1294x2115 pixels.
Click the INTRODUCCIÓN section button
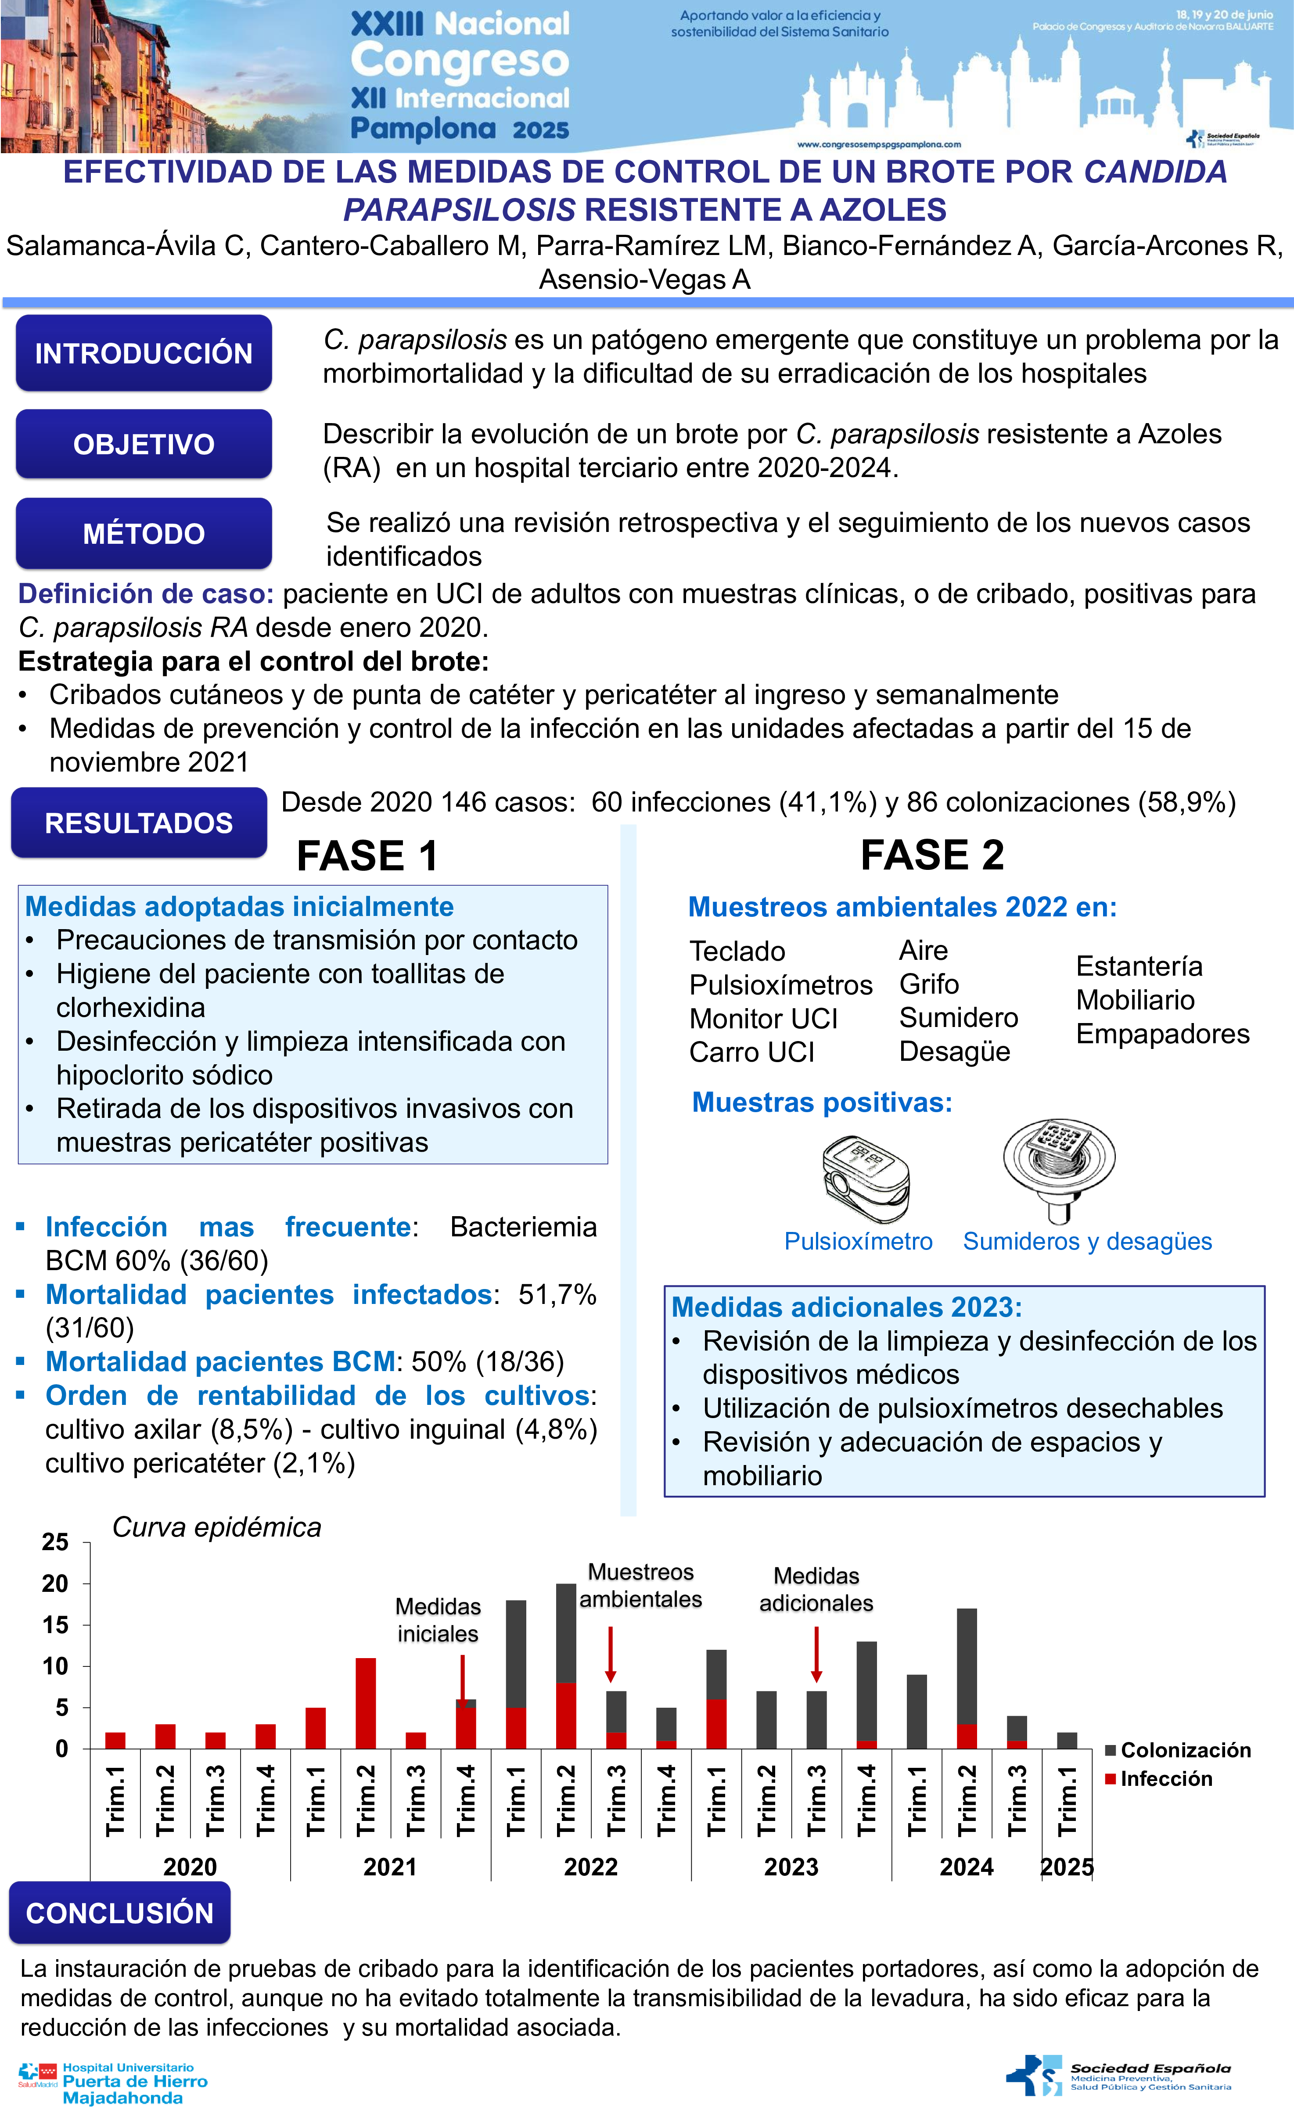pyautogui.click(x=144, y=353)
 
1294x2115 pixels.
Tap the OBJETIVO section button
pyautogui.click(x=144, y=444)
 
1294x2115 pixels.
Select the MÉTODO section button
pyautogui.click(x=144, y=533)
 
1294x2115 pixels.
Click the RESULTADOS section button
pyautogui.click(x=138, y=822)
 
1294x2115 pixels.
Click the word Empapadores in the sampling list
pyautogui.click(x=1163, y=1034)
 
